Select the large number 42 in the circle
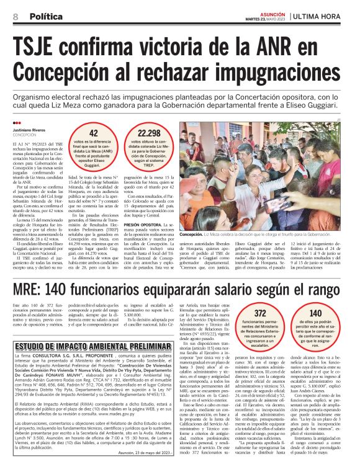pyautogui.click(x=93, y=133)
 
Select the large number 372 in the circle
pyautogui.click(x=261, y=313)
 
